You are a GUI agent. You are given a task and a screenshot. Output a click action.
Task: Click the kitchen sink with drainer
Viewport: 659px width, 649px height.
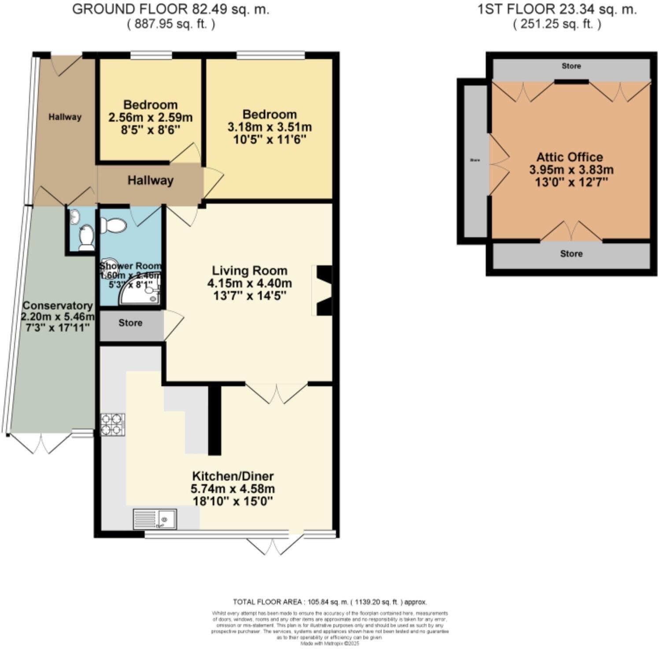point(155,519)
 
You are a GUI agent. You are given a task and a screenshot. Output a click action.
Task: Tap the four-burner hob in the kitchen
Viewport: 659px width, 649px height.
point(113,425)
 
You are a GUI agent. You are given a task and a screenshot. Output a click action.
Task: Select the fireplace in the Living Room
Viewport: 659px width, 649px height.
point(323,290)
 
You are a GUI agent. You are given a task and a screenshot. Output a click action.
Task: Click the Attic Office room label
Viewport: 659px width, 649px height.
point(570,157)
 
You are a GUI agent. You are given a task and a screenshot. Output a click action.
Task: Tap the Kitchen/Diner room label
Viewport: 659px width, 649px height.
point(233,476)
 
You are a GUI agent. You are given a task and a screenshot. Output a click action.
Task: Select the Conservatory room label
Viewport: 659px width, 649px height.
point(58,306)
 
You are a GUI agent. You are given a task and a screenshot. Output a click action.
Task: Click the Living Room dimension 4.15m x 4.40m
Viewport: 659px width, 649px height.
point(249,283)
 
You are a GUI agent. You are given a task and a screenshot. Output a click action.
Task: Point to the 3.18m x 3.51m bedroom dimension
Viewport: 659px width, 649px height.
point(269,127)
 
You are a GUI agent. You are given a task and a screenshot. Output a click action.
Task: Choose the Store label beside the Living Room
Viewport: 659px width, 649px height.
point(130,323)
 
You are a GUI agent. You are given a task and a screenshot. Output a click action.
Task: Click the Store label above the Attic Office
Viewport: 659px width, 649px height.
point(571,66)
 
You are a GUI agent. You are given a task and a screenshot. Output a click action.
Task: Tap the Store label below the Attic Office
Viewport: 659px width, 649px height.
point(571,254)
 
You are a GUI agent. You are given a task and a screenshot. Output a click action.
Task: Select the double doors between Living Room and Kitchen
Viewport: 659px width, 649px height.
point(276,392)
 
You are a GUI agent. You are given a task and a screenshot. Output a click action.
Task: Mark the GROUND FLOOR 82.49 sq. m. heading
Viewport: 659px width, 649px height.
point(170,9)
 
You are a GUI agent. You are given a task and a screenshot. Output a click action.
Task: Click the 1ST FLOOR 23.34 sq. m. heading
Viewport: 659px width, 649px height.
point(557,9)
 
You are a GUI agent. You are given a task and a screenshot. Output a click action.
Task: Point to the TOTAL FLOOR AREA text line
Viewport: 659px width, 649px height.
point(329,602)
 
